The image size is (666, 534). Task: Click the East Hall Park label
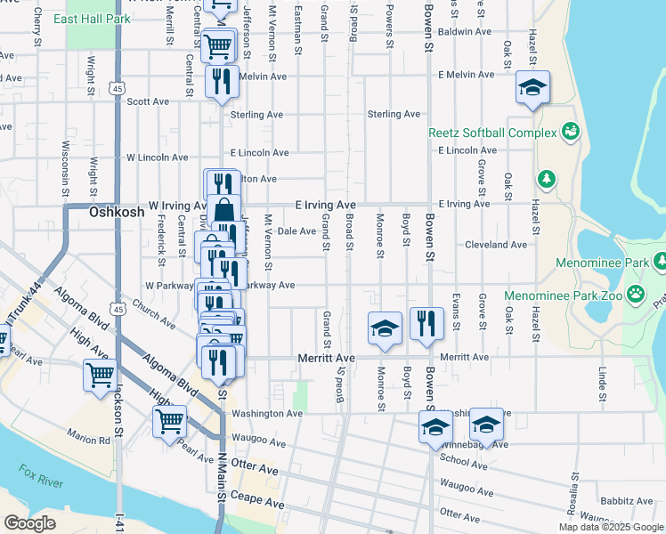[98, 19]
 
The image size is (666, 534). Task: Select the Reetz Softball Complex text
[492, 133]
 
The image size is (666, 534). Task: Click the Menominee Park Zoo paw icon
[636, 294]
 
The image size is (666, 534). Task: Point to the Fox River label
[39, 471]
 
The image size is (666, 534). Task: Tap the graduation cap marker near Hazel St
[532, 87]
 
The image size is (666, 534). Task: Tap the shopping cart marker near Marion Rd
[168, 421]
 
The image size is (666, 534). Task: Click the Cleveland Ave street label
[495, 245]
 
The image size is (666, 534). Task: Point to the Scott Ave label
[148, 101]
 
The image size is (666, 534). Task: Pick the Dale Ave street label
[296, 231]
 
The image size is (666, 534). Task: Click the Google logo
[29, 523]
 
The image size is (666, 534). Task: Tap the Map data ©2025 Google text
[610, 527]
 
